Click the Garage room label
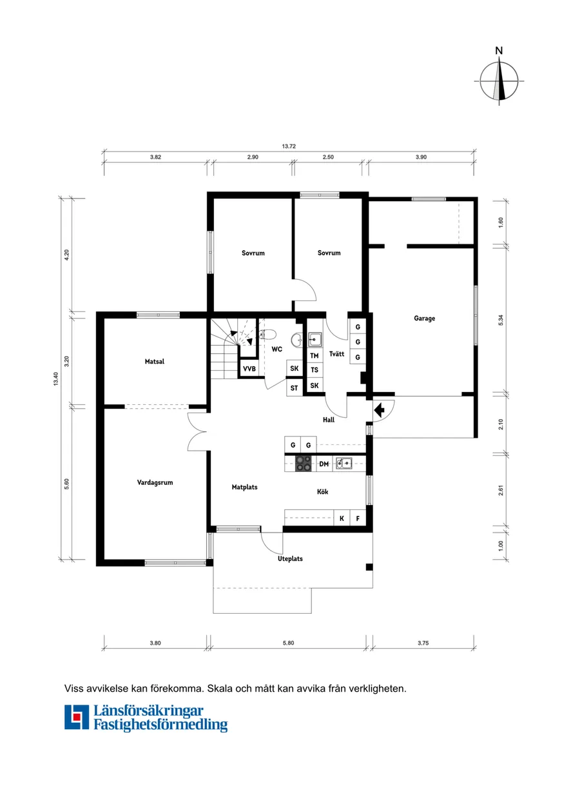point(424,319)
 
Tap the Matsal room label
point(154,362)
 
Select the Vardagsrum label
point(155,482)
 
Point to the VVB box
point(249,369)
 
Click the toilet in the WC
point(268,334)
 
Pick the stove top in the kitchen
point(303,464)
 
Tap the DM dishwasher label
point(324,464)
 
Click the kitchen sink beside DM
point(344,463)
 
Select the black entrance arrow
point(379,410)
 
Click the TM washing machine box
point(315,356)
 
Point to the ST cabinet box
point(294,388)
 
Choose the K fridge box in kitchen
point(342,518)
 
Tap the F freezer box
point(358,518)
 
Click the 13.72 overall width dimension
point(289,146)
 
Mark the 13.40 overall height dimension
point(55,379)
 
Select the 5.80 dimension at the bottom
point(288,643)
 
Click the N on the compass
point(499,51)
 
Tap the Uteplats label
point(290,558)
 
